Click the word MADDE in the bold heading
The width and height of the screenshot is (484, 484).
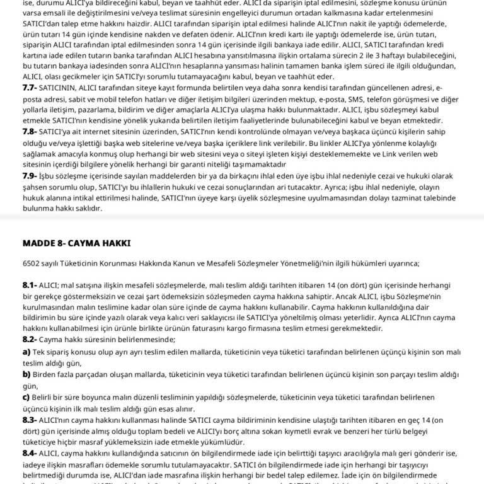pos(39,243)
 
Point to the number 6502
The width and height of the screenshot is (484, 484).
pos(32,263)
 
